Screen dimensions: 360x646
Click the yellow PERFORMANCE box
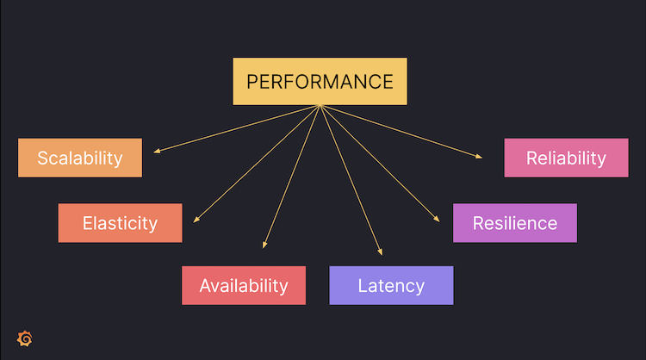pos(320,82)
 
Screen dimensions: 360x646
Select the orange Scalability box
pos(80,158)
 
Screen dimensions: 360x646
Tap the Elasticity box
pos(120,223)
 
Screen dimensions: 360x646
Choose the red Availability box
pos(244,285)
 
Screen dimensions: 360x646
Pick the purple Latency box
pos(391,285)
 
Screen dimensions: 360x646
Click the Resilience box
pos(515,223)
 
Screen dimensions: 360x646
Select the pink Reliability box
pos(566,158)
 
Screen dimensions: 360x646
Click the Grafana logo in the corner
pos(25,338)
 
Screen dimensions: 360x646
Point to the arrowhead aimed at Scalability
pos(156,152)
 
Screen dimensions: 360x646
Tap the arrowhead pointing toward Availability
pos(264,247)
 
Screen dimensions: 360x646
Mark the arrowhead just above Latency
pos(380,253)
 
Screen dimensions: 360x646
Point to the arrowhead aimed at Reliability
pos(481,156)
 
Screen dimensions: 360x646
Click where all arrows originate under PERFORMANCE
pos(320,106)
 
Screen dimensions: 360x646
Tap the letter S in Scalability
pos(43,158)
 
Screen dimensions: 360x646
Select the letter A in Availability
pos(206,286)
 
